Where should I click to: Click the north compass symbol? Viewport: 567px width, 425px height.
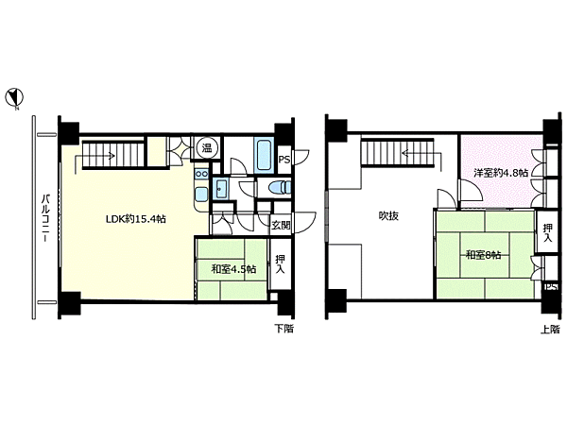(14, 97)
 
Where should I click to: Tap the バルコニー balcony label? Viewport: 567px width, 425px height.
(45, 217)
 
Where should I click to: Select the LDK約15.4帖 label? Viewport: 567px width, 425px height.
(135, 219)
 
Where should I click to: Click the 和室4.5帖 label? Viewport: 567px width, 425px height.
(233, 269)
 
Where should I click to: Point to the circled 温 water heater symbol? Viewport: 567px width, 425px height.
(207, 147)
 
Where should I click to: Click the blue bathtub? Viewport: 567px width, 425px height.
(264, 155)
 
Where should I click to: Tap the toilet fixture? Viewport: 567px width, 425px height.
(280, 188)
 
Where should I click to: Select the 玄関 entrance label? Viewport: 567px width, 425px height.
(281, 226)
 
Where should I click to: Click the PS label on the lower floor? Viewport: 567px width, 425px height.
(284, 160)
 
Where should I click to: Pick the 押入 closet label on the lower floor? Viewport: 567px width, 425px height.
(281, 263)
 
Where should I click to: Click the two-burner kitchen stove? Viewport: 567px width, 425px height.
(201, 174)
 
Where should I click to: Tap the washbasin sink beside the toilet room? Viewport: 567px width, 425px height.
(220, 189)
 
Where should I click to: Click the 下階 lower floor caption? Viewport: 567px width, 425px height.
(283, 329)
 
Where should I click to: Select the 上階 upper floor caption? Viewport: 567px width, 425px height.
(550, 330)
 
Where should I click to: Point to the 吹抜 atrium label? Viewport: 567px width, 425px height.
(388, 215)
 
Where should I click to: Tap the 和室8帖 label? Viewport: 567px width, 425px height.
(483, 255)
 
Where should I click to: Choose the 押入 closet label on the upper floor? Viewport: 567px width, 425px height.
(547, 233)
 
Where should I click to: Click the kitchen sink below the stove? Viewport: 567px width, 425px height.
(201, 194)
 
